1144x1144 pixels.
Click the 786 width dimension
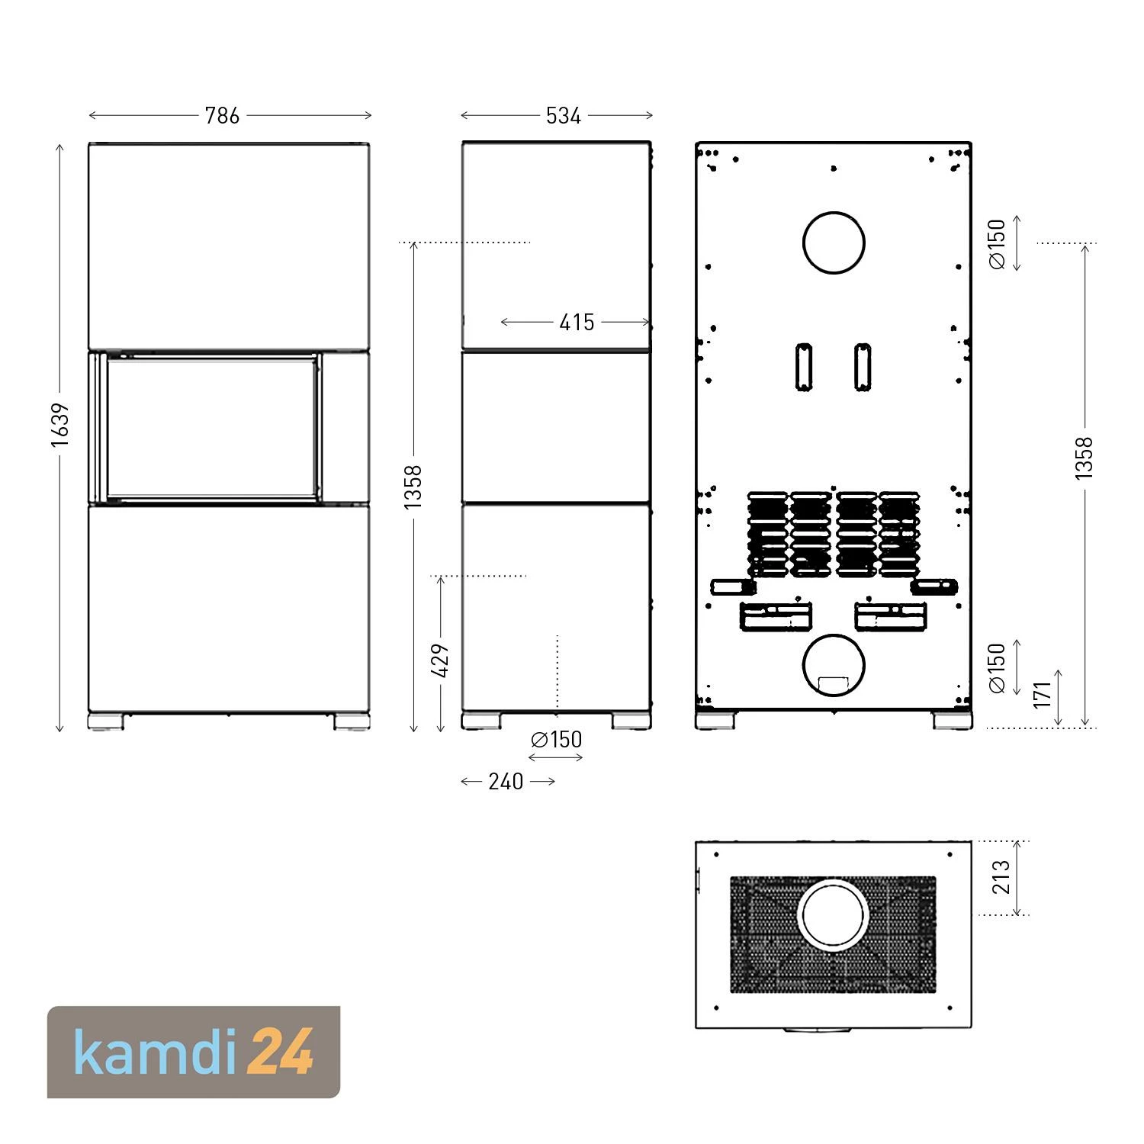point(222,116)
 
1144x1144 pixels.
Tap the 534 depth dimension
point(564,116)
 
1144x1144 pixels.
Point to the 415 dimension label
point(577,323)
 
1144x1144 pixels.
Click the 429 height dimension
point(441,660)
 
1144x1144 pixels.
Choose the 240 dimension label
point(506,782)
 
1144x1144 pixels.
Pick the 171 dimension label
point(1043,694)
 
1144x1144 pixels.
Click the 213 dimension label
point(1001,877)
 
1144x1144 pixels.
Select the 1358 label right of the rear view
point(1084,458)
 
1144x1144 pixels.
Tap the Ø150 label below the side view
point(557,740)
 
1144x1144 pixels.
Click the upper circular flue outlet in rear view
point(834,243)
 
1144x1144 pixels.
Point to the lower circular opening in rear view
point(834,665)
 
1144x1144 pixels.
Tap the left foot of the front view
point(106,721)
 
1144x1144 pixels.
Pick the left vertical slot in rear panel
point(804,367)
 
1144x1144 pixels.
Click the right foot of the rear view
point(952,721)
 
